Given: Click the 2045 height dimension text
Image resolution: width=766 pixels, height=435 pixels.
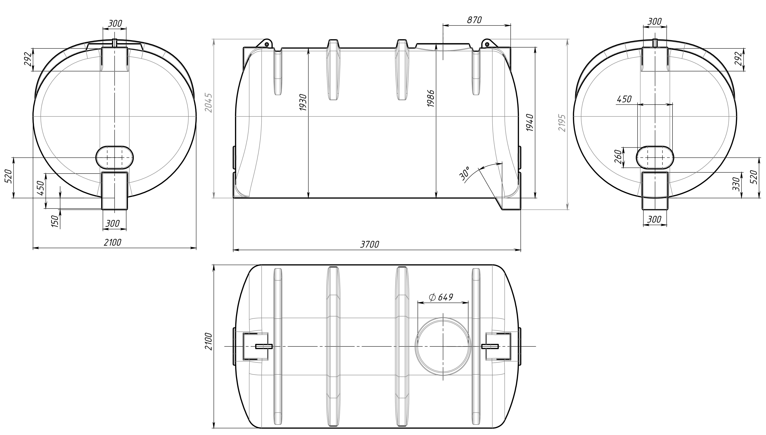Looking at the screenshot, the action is click(x=209, y=103).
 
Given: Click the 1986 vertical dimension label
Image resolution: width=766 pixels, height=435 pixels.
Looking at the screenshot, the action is click(x=431, y=98).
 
